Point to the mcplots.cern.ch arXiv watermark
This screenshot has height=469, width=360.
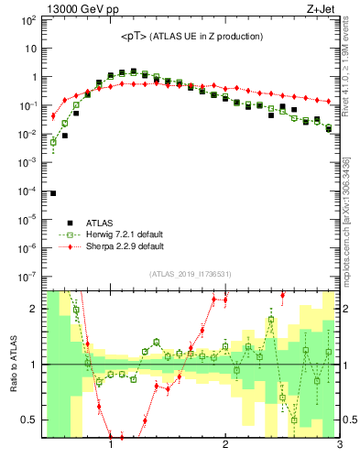(x=345, y=229)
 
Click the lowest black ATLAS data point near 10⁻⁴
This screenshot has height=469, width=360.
(x=53, y=193)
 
